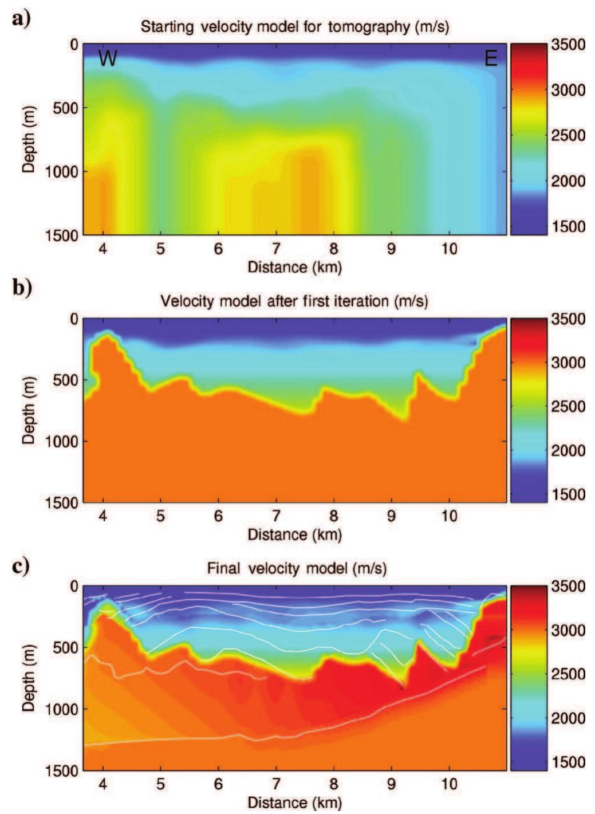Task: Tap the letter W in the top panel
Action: point(107,58)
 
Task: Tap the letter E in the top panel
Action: point(491,58)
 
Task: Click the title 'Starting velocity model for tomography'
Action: point(294,26)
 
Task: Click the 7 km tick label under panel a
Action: point(276,249)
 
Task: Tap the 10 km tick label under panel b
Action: point(450,516)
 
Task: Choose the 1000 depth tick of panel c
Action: point(62,709)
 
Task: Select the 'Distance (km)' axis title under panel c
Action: point(294,801)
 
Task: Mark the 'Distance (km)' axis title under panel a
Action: point(294,267)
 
